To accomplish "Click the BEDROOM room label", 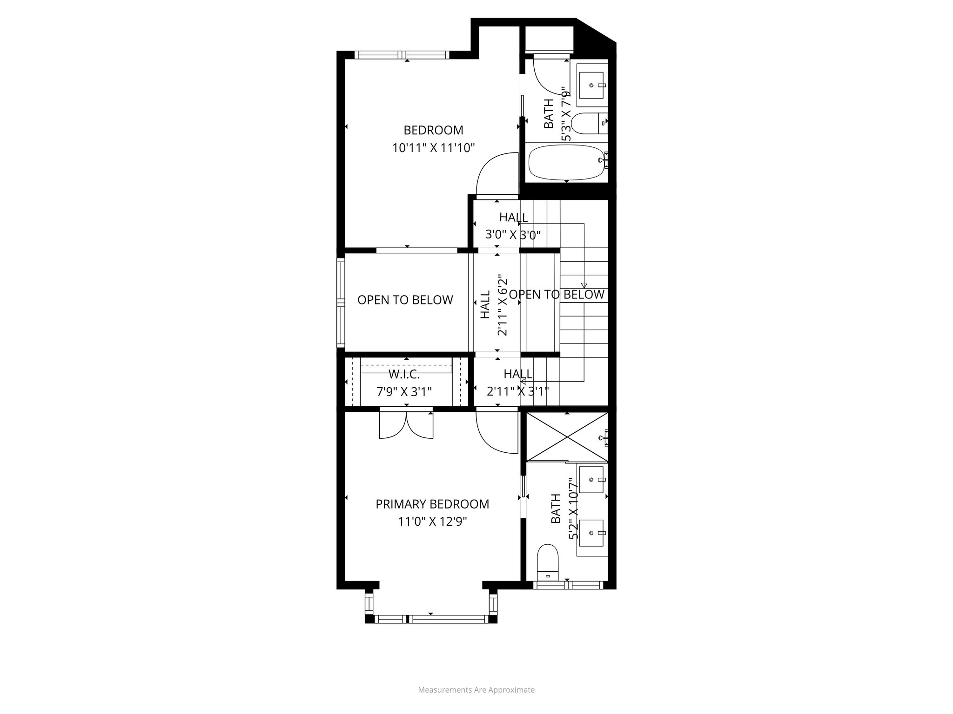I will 433,130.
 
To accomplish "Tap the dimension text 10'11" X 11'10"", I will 433,148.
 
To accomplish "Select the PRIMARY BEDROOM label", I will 432,504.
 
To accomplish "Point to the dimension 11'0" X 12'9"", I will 432,522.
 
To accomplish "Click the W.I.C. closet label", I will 404,375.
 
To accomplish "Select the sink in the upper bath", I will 591,86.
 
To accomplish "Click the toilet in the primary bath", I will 548,562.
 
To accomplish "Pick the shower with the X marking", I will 566,437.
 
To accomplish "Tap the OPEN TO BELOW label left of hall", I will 405,300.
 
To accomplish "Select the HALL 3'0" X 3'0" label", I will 513,226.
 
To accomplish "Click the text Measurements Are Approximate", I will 476,690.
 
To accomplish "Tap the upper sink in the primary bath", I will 591,480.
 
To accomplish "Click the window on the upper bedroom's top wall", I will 402,55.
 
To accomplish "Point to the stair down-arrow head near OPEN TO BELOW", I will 584,285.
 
